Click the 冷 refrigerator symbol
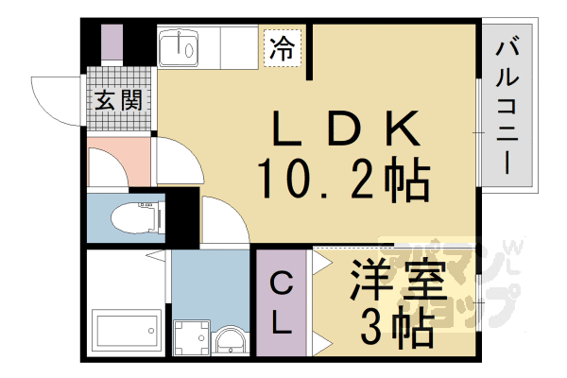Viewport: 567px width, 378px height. point(282,47)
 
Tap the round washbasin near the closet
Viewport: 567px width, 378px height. point(229,340)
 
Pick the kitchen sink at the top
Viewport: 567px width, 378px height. point(179,47)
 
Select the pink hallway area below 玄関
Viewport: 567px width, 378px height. point(118,161)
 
